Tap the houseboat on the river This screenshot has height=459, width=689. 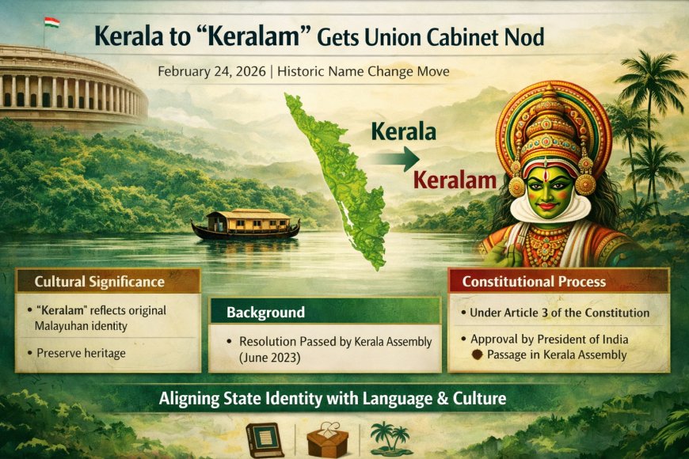[246, 225]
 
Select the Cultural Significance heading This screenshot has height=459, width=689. [99, 281]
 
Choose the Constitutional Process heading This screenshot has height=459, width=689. [534, 281]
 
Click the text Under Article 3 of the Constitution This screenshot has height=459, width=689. [559, 313]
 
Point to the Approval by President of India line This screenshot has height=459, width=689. [558, 340]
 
